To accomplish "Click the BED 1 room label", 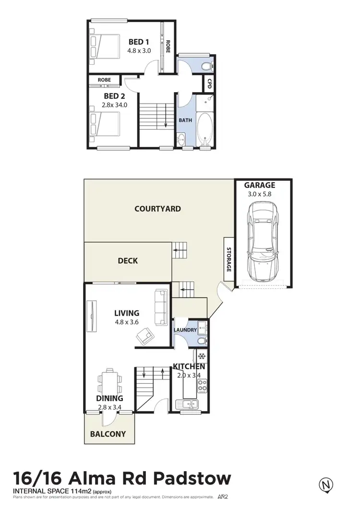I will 138,42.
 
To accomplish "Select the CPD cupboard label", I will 209,84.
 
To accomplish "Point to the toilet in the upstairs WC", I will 206,65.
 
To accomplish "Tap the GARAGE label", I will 259,185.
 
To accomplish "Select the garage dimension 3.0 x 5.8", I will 259,194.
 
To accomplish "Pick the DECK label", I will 128,260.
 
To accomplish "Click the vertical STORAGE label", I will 228,260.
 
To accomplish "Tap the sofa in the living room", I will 160,307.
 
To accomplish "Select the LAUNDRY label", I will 185,330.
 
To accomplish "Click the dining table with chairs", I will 110,381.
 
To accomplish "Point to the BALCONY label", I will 108,434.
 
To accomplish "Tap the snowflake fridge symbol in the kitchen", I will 202,357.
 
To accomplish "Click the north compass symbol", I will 326,485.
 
